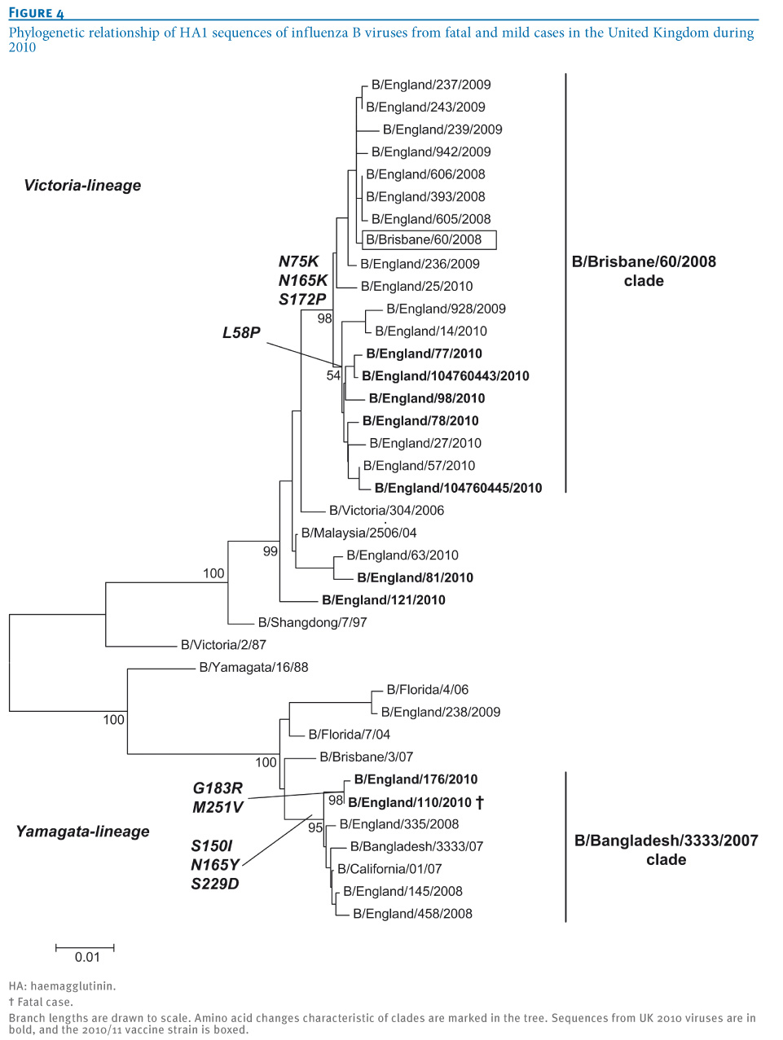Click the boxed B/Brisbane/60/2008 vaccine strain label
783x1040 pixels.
pos(424,239)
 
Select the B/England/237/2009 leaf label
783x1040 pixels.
pos(431,85)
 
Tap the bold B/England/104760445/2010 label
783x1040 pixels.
pos(458,489)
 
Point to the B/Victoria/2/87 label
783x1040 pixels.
pos(223,645)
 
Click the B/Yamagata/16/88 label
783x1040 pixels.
pos(253,668)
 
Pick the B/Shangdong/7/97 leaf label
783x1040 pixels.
pos(312,623)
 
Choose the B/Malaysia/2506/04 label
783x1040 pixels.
pos(359,533)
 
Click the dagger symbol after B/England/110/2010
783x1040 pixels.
pos(480,803)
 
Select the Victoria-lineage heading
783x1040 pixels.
pos(82,186)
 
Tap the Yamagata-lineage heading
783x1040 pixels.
pos(83,832)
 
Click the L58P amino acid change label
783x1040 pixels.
pos(241,332)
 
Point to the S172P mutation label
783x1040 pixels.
pos(302,300)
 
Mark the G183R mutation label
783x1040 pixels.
pos(218,788)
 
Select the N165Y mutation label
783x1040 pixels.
pos(215,865)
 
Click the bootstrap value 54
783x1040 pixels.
pos(333,376)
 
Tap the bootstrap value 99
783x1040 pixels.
pos(271,552)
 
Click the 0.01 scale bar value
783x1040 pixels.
pos(87,958)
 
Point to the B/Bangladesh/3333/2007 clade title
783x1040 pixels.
pos(666,841)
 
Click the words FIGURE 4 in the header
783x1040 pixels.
pos(36,13)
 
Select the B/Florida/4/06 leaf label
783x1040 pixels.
pos(427,690)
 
